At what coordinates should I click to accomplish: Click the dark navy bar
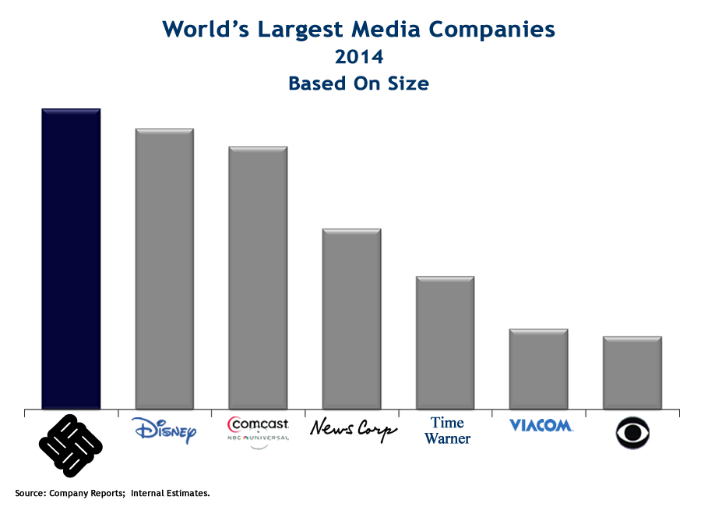[x=71, y=258]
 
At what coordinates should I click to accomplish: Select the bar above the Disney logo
[x=164, y=268]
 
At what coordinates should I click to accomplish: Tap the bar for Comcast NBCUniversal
[x=258, y=277]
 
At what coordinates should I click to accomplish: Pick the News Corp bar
[x=351, y=318]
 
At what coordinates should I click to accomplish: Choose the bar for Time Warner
[x=445, y=342]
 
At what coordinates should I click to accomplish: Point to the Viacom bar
[x=538, y=369]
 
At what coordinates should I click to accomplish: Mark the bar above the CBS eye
[x=632, y=372]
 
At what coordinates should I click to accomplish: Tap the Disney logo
[x=164, y=430]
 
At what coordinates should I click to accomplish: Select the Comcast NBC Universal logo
[x=258, y=428]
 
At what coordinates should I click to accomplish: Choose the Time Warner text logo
[x=447, y=431]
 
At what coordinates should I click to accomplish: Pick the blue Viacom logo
[x=541, y=425]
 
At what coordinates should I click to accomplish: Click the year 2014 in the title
[x=358, y=57]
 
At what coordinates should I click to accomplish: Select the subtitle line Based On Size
[x=358, y=83]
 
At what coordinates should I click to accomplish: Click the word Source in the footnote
[x=31, y=493]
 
